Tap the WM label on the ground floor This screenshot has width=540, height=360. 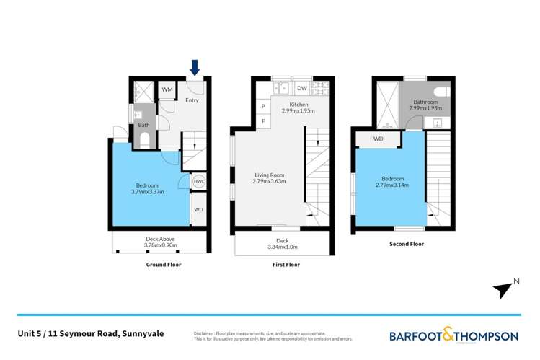tap(167, 89)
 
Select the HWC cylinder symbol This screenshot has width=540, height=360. tap(199, 182)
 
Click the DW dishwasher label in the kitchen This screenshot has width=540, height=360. tap(302, 89)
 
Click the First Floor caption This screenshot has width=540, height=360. tap(283, 265)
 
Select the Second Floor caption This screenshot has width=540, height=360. tap(407, 244)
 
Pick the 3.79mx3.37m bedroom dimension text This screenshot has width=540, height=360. tap(148, 192)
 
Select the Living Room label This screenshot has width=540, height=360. tap(269, 175)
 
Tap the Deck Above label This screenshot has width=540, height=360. tap(160, 239)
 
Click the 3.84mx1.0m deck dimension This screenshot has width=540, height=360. tap(282, 247)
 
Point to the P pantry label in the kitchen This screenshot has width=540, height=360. tap(262, 107)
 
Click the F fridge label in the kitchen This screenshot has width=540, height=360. tap(262, 121)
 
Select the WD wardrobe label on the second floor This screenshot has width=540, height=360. tap(379, 139)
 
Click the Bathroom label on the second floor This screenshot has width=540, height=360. tap(425, 102)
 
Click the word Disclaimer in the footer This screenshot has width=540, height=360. tap(206, 333)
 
